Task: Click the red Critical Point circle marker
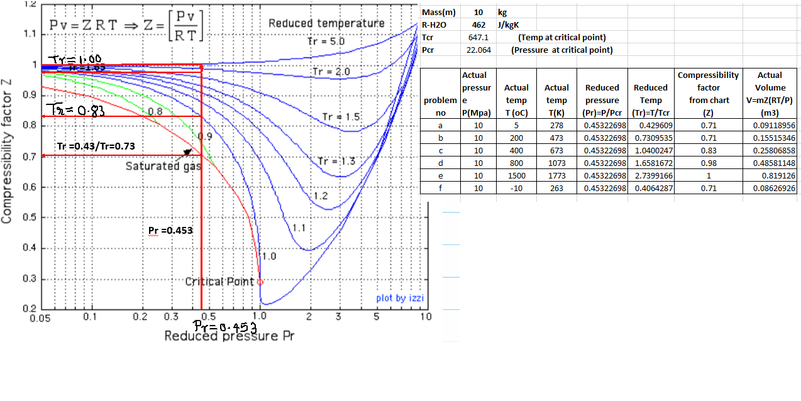[260, 282]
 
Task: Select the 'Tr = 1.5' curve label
[341, 117]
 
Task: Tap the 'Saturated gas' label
[163, 167]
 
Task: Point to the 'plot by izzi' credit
[400, 298]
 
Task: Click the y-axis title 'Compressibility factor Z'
[8, 150]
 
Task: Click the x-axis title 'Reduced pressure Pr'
[229, 336]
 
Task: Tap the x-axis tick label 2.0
[310, 316]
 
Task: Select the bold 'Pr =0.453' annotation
[170, 230]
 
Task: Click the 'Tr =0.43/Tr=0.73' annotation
[95, 146]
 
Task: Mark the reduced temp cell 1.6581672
[651, 163]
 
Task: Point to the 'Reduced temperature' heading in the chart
[326, 23]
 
